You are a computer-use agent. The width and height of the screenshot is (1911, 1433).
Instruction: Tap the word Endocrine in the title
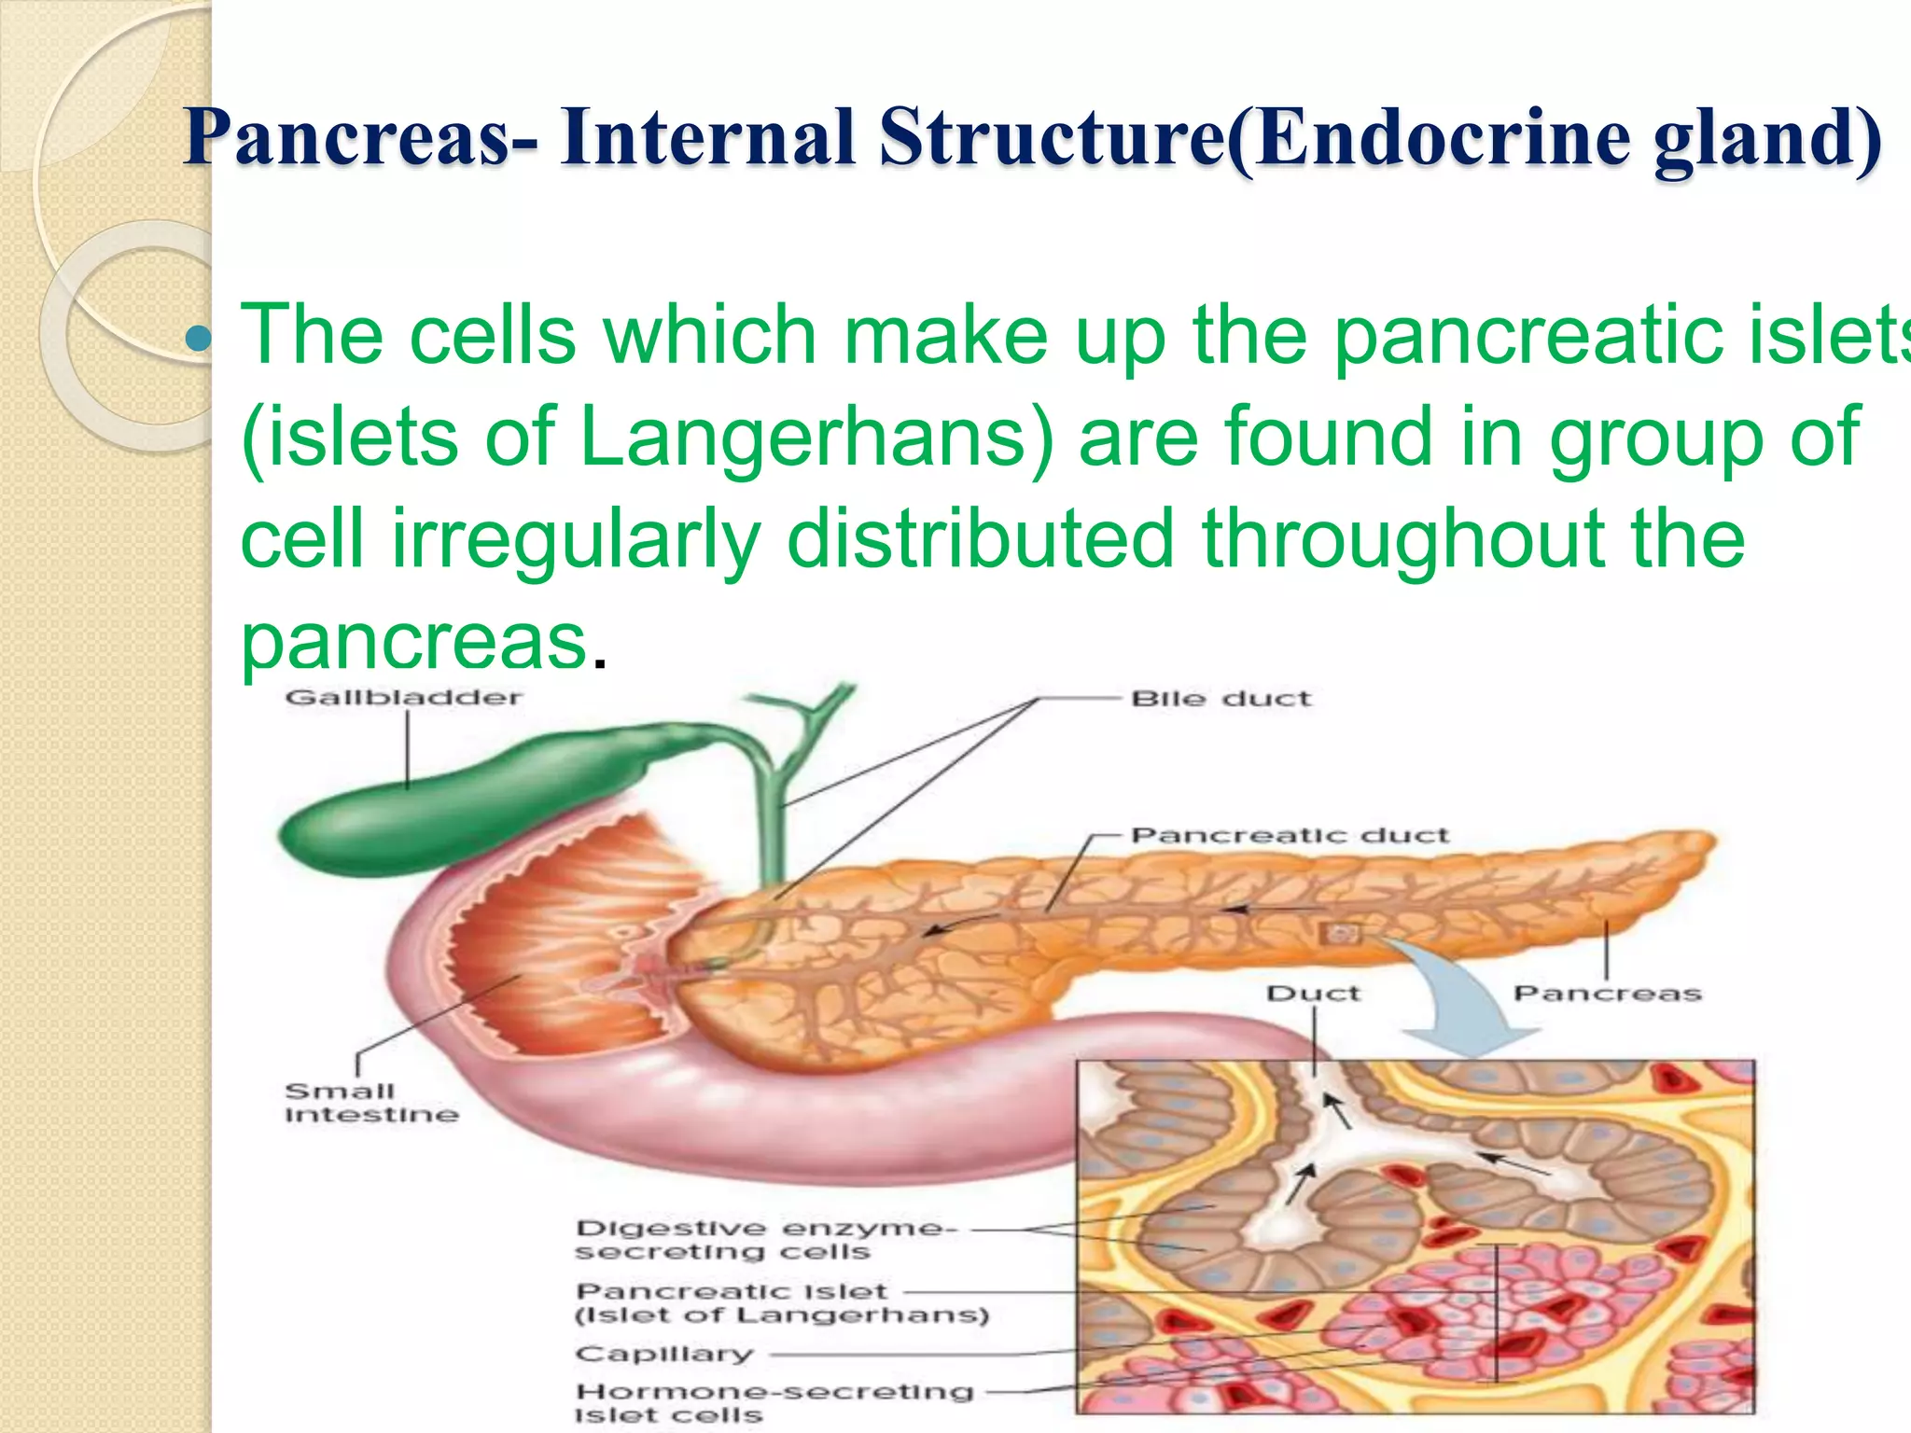1441,138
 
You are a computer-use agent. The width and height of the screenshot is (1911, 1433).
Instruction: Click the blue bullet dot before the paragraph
199,338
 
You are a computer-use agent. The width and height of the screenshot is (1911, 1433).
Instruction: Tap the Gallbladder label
403,698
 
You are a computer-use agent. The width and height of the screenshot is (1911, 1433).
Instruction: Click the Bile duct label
1221,699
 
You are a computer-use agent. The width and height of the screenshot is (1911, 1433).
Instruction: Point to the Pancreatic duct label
1290,835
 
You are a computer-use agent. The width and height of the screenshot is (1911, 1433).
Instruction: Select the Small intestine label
370,1103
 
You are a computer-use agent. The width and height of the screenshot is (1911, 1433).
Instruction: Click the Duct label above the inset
1313,994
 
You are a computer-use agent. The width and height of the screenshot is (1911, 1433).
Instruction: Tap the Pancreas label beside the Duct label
1607,994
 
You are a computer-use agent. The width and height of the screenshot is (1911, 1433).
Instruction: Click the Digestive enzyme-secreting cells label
765,1240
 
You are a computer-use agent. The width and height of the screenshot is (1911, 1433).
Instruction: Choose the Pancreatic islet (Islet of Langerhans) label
781,1303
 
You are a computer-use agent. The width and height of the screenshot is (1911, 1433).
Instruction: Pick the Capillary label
663,1354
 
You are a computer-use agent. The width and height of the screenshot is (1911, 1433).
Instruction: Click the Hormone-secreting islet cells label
774,1402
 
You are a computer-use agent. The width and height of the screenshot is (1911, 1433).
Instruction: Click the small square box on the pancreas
1340,933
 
